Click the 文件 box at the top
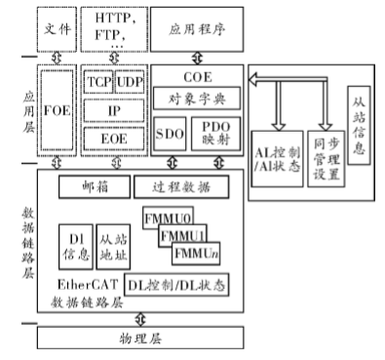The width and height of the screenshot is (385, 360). (x=58, y=29)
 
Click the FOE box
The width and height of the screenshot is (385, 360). (x=58, y=125)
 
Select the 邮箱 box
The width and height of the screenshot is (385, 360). (x=93, y=185)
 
